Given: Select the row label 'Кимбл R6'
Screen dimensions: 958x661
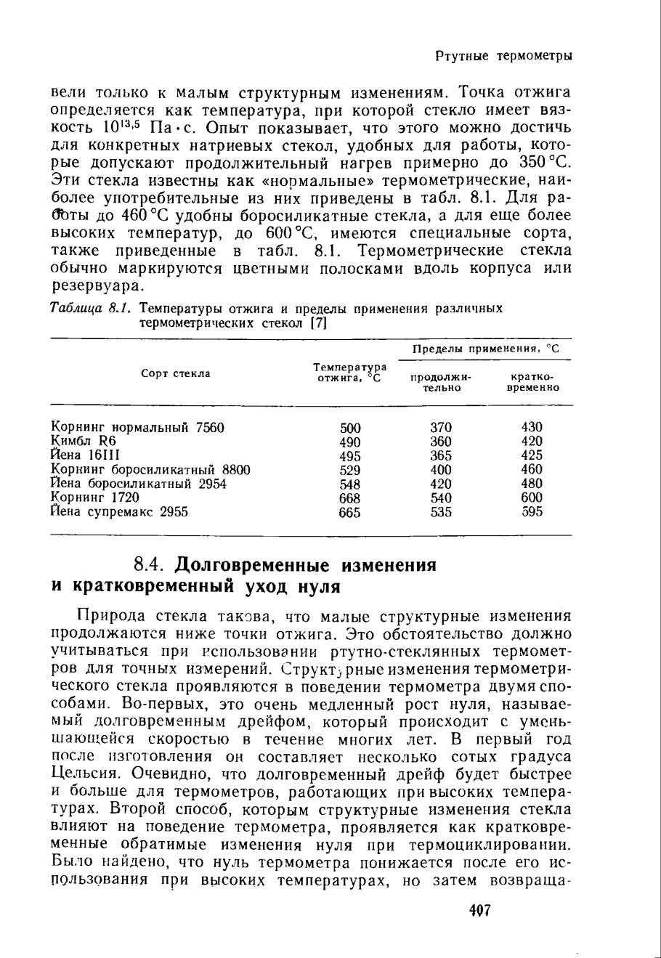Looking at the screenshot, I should pos(85,441).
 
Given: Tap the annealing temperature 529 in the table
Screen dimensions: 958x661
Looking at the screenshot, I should pos(350,469).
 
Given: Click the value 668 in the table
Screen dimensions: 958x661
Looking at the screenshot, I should pos(350,498).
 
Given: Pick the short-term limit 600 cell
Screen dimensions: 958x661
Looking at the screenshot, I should pos(532,498).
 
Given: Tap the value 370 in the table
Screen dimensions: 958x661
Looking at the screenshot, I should pos(441,427).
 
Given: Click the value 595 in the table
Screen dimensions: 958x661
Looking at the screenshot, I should pos(532,512).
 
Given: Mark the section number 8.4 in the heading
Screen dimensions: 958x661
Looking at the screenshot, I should pos(153,564).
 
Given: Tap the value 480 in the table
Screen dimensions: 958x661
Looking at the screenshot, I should pos(532,484).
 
